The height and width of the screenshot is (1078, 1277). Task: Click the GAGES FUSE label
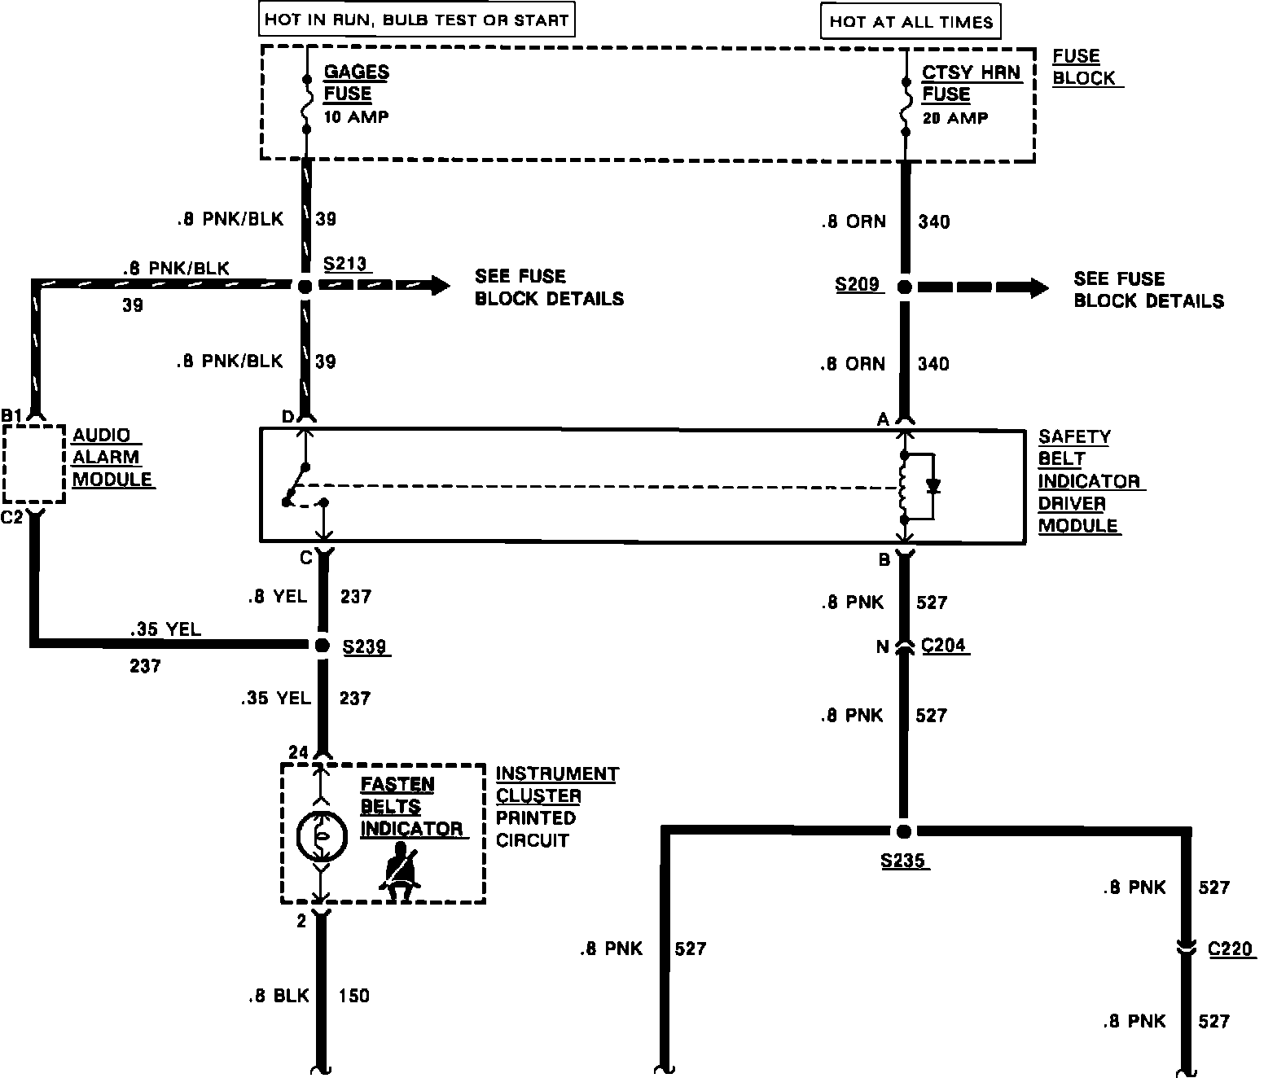tap(356, 82)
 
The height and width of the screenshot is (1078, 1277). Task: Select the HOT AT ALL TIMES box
tap(911, 22)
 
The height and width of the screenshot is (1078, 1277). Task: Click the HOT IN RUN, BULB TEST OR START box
tap(416, 20)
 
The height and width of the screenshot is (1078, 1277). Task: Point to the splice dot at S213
tap(305, 286)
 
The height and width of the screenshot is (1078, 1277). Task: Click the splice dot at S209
tap(903, 287)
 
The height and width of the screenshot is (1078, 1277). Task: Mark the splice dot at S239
tap(322, 646)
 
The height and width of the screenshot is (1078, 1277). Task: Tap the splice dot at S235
tap(903, 831)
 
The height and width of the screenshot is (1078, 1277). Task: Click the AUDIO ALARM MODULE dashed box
tap(33, 463)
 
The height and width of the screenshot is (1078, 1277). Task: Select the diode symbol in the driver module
tap(933, 486)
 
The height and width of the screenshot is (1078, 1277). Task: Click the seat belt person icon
tap(400, 872)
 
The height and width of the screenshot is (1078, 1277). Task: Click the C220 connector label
tap(1230, 949)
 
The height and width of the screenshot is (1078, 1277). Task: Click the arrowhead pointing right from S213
tap(440, 285)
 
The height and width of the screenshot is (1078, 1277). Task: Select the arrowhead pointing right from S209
tap(1038, 287)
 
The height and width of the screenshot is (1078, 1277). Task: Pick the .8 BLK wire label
tap(279, 995)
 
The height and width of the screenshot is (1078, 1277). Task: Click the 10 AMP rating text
tap(356, 116)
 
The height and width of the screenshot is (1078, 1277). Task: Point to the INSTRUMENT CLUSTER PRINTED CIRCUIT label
tap(556, 806)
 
